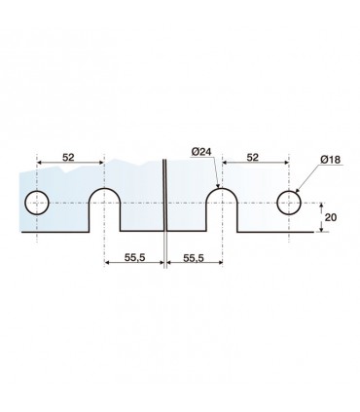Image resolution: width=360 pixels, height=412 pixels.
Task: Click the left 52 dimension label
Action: tap(68, 158)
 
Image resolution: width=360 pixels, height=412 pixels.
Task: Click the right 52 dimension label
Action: tap(253, 158)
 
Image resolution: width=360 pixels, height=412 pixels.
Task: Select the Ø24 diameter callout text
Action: tap(201, 152)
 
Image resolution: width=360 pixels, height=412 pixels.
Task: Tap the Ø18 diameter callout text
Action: tap(330, 160)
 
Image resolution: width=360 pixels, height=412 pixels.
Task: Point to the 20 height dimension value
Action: tap(331, 217)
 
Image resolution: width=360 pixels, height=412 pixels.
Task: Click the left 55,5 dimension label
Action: tap(135, 258)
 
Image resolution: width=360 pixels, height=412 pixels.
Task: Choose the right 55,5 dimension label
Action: tap(194, 258)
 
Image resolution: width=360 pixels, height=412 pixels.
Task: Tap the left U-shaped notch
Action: tap(104, 189)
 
